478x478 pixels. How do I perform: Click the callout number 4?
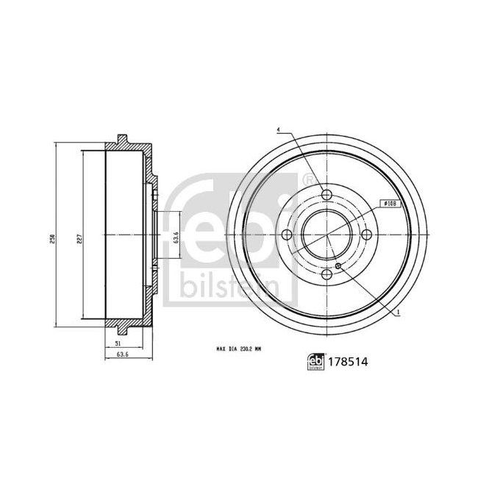pos(279,131)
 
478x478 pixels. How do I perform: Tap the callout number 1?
pos(398,313)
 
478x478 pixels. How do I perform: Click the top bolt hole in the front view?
pos(326,195)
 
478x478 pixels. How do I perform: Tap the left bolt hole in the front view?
pos(287,235)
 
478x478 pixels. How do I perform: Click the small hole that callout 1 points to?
pos(338,266)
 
